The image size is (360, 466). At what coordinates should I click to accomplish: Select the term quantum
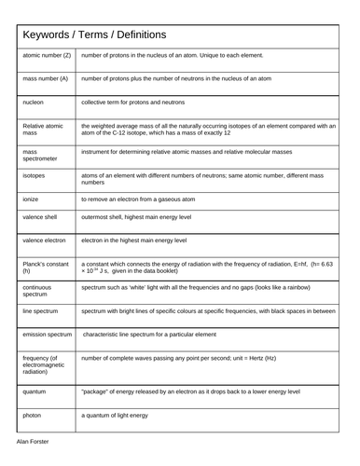pos(36,392)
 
